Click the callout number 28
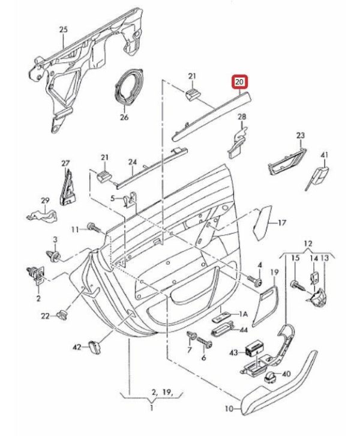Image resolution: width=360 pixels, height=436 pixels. pos(242,117)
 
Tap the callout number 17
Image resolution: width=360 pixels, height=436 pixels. pos(281,223)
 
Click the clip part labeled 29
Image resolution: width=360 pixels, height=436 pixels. pos(41,213)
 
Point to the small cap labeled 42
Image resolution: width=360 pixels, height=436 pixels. pos(94,347)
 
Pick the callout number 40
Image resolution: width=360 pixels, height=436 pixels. pos(286,374)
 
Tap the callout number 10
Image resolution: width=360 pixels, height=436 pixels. pos(229,410)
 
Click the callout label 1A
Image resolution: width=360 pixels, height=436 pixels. pos(243,314)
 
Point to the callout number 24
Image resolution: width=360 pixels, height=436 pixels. pos(133,162)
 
